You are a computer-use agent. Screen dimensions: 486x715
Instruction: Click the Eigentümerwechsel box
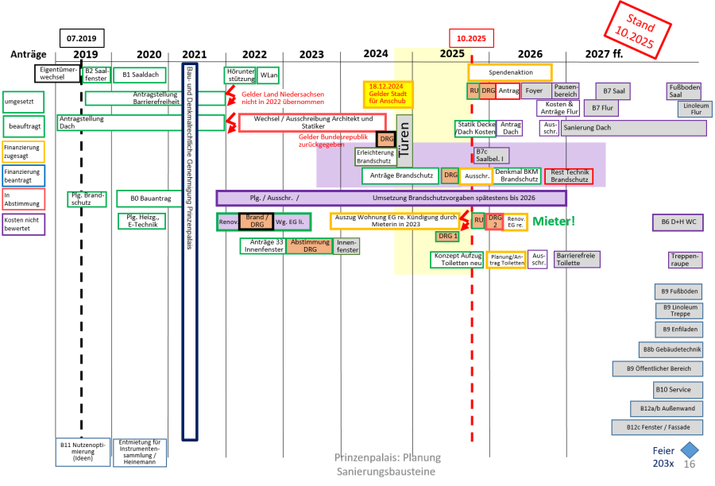coord(57,73)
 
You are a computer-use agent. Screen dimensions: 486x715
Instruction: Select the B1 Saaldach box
coord(140,75)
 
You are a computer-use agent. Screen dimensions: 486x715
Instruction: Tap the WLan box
coord(269,75)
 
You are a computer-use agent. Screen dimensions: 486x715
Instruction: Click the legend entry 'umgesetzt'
coord(23,102)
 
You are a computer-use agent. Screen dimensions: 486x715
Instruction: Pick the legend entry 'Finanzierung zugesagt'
coord(23,152)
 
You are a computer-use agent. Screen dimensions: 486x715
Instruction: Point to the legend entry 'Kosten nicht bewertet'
coord(23,224)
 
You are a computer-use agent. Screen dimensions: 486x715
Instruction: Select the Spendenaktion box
coord(510,72)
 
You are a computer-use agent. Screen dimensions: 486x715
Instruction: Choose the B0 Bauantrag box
coord(150,199)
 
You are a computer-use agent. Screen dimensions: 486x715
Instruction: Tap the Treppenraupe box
coord(684,260)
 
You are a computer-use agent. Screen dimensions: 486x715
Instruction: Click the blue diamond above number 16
coord(690,450)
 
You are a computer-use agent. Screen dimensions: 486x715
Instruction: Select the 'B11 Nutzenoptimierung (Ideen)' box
coord(83,451)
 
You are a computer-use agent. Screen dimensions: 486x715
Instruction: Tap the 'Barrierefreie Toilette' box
coord(576,259)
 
